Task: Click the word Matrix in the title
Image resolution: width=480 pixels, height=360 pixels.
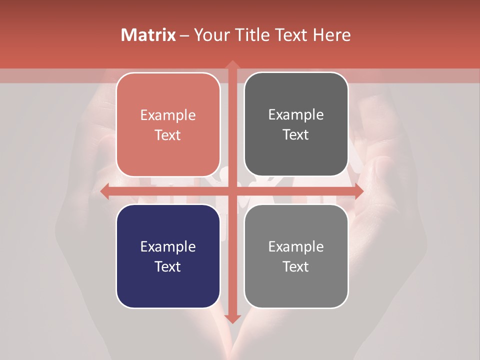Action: (x=148, y=35)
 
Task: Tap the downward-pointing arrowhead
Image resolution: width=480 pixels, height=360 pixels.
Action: (x=232, y=318)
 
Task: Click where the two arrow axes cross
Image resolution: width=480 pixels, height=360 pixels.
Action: (x=232, y=191)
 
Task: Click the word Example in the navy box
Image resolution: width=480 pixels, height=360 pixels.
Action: (x=168, y=246)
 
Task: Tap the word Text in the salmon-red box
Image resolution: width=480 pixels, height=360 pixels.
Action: (x=168, y=135)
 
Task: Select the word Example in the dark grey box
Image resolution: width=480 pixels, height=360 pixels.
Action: (x=296, y=115)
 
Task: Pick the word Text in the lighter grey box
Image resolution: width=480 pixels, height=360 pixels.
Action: (x=296, y=266)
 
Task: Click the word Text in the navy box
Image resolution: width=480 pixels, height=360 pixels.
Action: (x=168, y=266)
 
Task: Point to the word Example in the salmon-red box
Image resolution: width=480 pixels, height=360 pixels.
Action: (x=168, y=115)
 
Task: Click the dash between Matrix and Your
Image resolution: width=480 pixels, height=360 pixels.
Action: (x=184, y=35)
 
